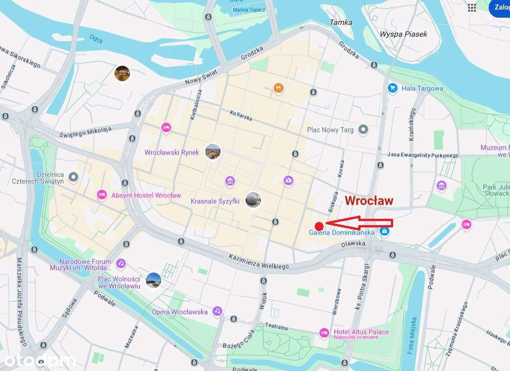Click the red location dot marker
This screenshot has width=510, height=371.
[319, 226]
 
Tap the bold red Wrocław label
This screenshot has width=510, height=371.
[369, 201]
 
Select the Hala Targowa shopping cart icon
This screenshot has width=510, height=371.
[393, 88]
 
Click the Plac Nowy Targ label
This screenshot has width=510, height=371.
[330, 130]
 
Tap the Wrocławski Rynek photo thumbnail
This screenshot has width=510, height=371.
[213, 151]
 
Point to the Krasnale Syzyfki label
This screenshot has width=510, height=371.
[215, 201]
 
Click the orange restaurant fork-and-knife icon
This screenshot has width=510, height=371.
[279, 88]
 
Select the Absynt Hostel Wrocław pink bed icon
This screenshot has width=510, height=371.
[101, 195]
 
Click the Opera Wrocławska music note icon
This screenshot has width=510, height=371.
[217, 311]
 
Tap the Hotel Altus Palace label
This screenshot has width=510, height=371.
[361, 332]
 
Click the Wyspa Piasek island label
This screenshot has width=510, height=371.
[403, 34]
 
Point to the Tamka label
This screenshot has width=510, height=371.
[341, 22]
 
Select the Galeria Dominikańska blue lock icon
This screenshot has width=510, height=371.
[385, 231]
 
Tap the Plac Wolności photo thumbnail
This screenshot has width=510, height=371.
[154, 280]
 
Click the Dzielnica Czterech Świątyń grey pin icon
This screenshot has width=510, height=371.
[73, 176]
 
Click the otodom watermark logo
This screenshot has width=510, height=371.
[39, 360]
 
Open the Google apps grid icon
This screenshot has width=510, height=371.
[472, 7]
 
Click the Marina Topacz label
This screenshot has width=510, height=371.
[249, 10]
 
